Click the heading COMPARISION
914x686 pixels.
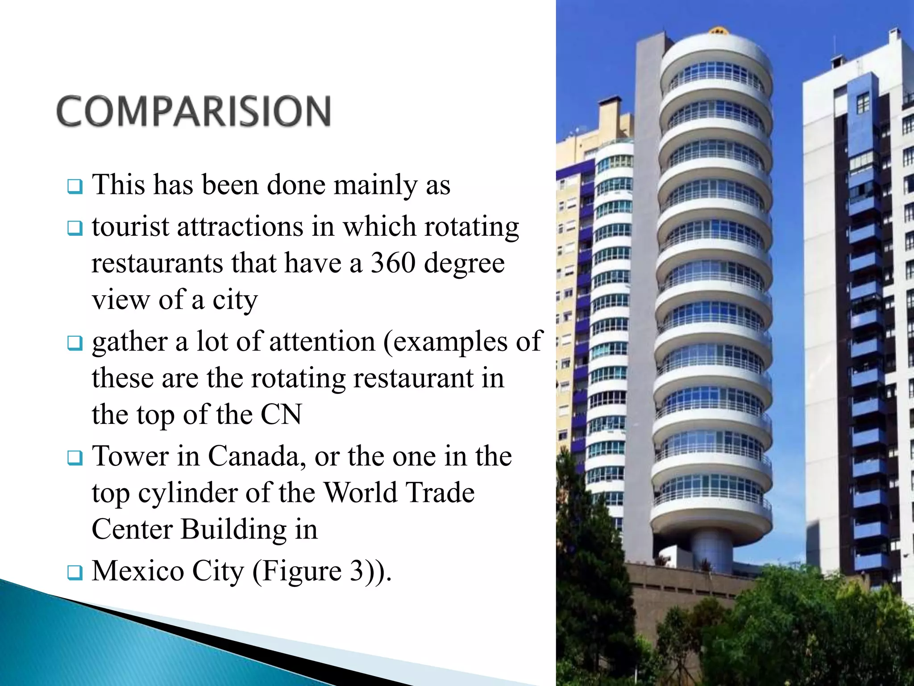194,112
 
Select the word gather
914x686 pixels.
129,343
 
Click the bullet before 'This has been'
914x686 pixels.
75,186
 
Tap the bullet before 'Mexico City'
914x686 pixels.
75,572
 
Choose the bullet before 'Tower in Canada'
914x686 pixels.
75,458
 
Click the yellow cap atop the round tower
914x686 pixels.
717,30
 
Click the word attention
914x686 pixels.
322,342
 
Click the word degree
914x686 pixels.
464,263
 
